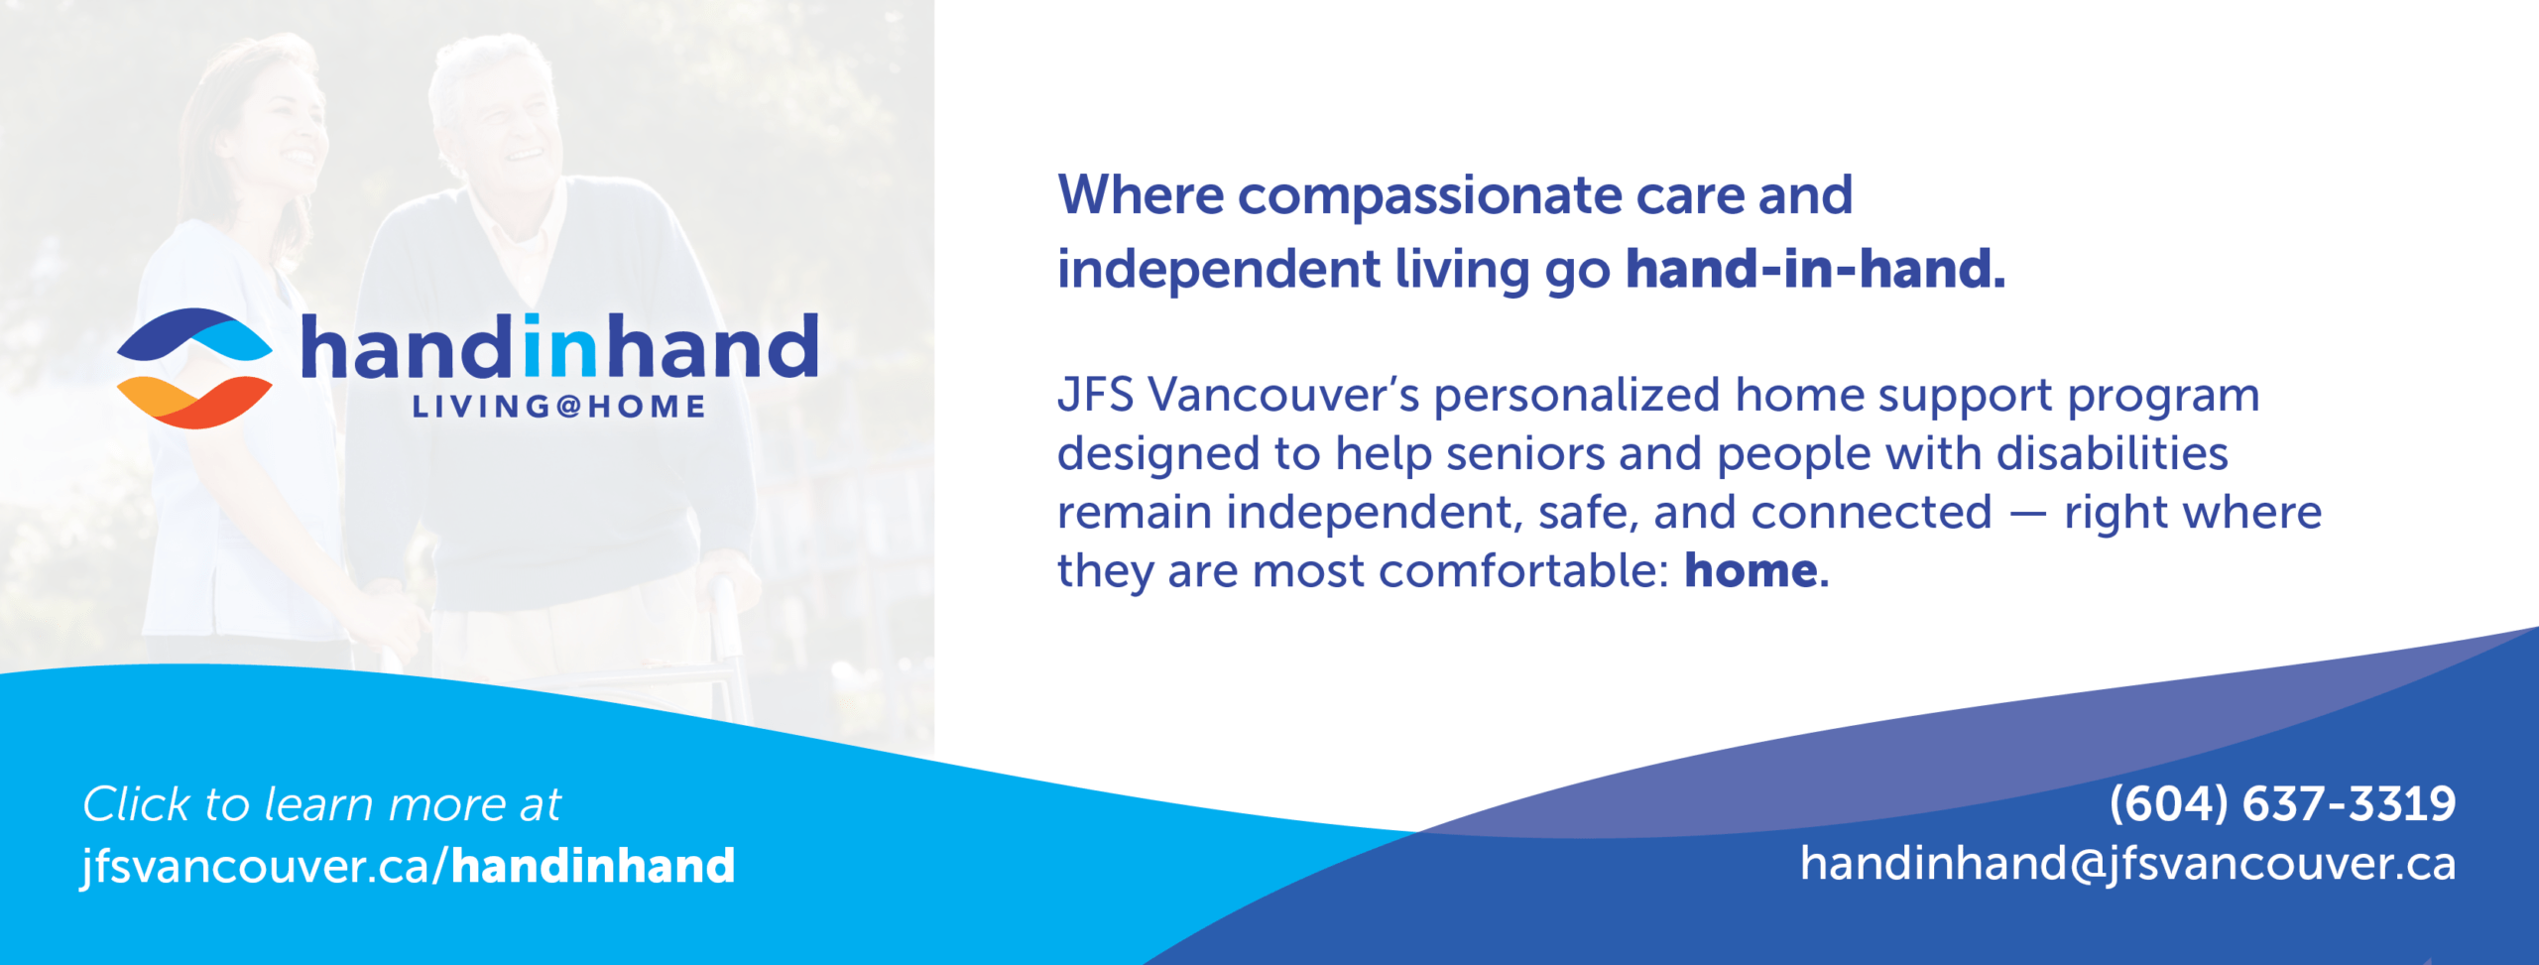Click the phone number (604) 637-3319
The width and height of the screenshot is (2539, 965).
pyautogui.click(x=2282, y=803)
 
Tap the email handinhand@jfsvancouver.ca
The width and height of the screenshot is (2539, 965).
pyautogui.click(x=2128, y=864)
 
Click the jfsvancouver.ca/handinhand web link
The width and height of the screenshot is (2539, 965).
pyautogui.click(x=408, y=866)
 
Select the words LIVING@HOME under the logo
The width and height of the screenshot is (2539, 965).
pyautogui.click(x=558, y=407)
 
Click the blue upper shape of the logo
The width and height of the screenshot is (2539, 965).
pyautogui.click(x=194, y=334)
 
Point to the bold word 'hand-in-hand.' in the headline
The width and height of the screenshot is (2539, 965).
pyautogui.click(x=1815, y=269)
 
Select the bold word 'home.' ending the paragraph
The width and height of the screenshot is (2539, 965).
pyautogui.click(x=1756, y=570)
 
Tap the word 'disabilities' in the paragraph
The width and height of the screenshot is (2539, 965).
pyautogui.click(x=2112, y=453)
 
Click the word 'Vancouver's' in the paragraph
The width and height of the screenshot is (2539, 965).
pyautogui.click(x=1284, y=395)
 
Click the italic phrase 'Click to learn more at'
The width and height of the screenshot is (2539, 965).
pyautogui.click(x=321, y=804)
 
